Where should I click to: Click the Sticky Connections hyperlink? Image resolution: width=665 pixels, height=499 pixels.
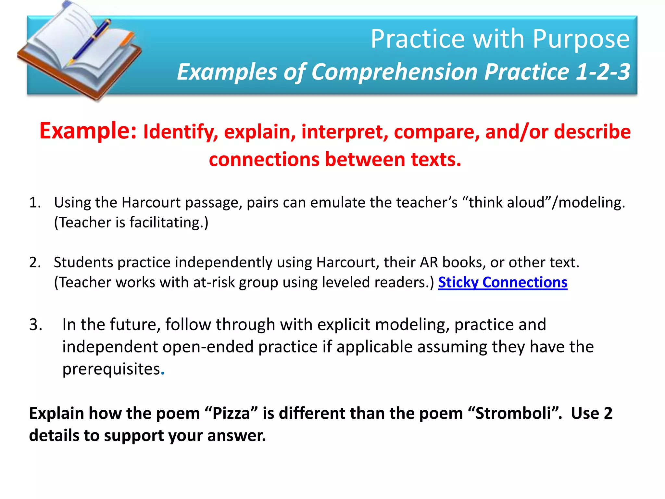click(502, 282)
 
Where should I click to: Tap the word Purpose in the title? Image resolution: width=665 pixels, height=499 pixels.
click(581, 39)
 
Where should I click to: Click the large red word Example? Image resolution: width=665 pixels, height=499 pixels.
click(88, 131)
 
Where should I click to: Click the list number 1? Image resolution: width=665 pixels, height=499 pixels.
click(35, 203)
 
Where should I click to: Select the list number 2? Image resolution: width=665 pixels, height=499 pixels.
click(35, 262)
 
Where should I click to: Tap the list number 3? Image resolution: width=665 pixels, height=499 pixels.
click(35, 325)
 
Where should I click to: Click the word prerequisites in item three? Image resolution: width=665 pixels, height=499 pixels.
click(111, 369)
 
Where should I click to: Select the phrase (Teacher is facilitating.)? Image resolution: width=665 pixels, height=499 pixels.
click(131, 223)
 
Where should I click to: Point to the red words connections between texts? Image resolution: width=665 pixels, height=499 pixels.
click(335, 160)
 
